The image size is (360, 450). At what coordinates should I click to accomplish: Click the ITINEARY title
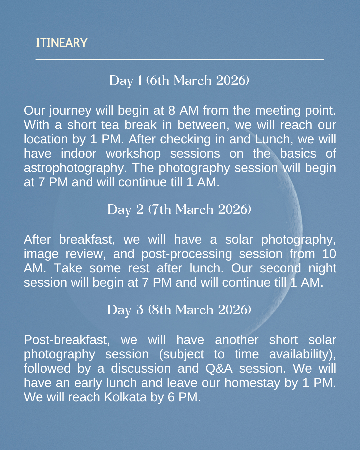[x=62, y=43]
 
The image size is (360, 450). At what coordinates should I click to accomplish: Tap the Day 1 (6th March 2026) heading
[x=179, y=81]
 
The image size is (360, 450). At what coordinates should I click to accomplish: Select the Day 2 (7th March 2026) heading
[x=179, y=210]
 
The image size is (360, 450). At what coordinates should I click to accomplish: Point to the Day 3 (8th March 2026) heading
[x=179, y=310]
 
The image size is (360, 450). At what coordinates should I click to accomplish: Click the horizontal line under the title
[x=180, y=60]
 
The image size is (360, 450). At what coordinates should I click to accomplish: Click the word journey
[x=70, y=111]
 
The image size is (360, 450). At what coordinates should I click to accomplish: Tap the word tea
[x=110, y=125]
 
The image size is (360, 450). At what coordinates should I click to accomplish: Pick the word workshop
[x=133, y=154]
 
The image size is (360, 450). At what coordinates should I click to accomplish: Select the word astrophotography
[x=75, y=168]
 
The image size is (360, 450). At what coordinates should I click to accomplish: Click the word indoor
[x=78, y=154]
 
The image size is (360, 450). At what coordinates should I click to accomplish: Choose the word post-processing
[x=187, y=254]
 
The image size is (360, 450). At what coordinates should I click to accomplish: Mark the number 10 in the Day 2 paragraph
[x=329, y=254]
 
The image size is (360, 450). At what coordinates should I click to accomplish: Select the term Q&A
[x=219, y=369]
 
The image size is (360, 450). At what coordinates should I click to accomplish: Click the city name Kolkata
[x=125, y=397]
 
